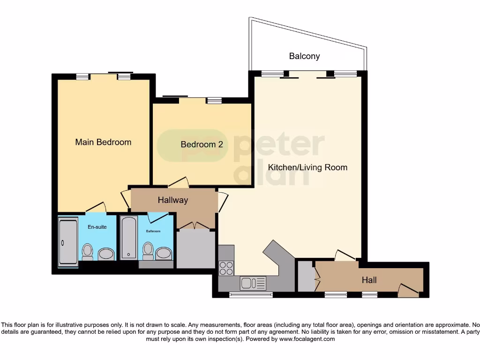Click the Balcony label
pyautogui.click(x=304, y=56)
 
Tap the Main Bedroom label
pyautogui.click(x=103, y=142)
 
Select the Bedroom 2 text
pyautogui.click(x=202, y=144)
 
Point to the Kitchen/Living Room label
pyautogui.click(x=307, y=167)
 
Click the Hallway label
pyautogui.click(x=172, y=200)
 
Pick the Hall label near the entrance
pyautogui.click(x=369, y=280)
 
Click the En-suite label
pyautogui.click(x=97, y=227)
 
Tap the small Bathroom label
pyautogui.click(x=153, y=231)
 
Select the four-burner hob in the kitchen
pyautogui.click(x=226, y=267)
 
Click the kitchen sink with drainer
pyautogui.click(x=253, y=283)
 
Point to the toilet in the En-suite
pyautogui.click(x=87, y=252)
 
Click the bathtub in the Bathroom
pyautogui.click(x=128, y=238)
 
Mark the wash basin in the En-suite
pyautogui.click(x=106, y=254)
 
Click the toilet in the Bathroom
pyautogui.click(x=148, y=251)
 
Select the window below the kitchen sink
pyautogui.click(x=251, y=295)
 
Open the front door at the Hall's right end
pyautogui.click(x=408, y=290)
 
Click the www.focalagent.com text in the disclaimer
pyautogui.click(x=306, y=339)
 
